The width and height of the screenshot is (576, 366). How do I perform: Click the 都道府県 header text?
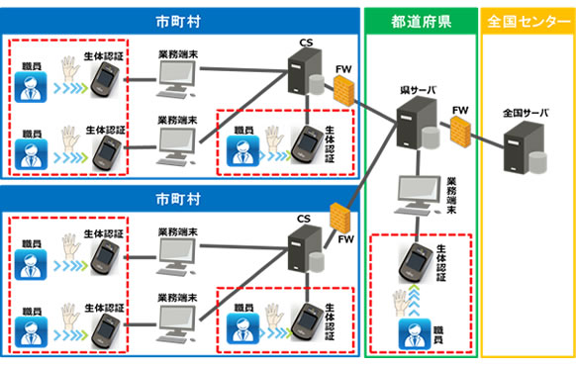pyautogui.click(x=421, y=19)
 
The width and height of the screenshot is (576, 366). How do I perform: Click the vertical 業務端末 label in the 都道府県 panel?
pyautogui.click(x=452, y=196)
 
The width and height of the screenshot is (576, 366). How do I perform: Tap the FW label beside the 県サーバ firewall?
pyautogui.click(x=459, y=108)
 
